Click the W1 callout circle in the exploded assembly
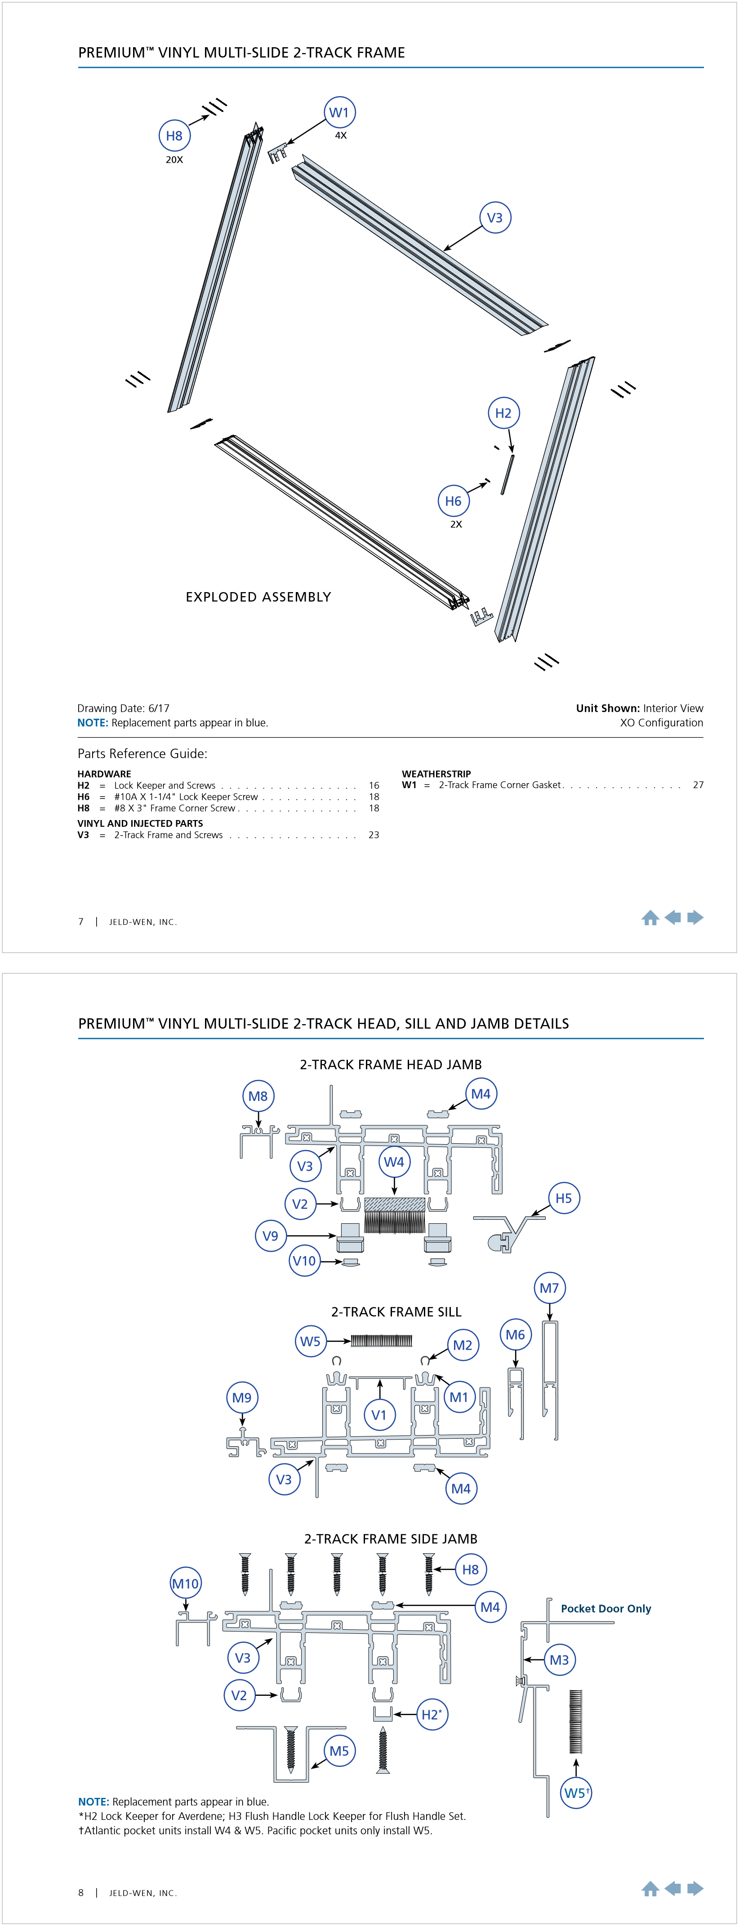tap(339, 113)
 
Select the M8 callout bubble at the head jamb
tap(258, 1096)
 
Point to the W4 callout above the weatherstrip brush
tap(394, 1162)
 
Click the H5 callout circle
tap(563, 1198)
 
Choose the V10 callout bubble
tap(304, 1261)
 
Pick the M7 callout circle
tap(549, 1288)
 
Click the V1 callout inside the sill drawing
tap(379, 1414)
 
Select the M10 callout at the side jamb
tap(185, 1583)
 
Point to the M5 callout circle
tap(339, 1750)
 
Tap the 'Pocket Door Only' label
tap(606, 1608)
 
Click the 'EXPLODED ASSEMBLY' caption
tap(258, 597)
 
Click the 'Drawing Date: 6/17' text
tap(123, 708)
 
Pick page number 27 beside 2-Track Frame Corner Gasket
tap(698, 785)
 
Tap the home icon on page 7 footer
tap(650, 918)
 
